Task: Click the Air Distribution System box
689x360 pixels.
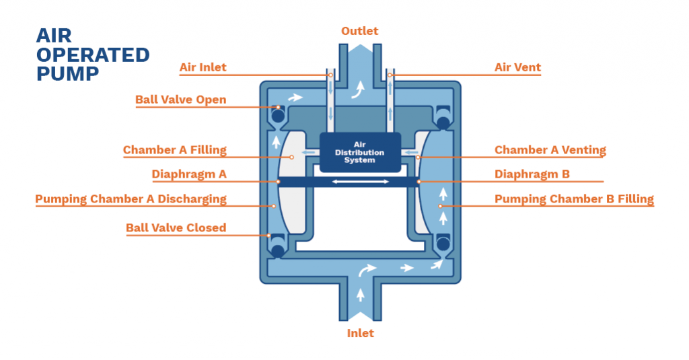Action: pos(359,152)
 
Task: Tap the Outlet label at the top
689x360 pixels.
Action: pos(359,31)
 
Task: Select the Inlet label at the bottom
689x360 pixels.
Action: pos(360,333)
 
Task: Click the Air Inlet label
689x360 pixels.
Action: pos(203,67)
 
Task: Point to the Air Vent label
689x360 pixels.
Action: pos(517,67)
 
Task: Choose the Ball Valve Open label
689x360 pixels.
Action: pos(180,100)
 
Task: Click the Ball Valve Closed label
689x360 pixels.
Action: pos(176,227)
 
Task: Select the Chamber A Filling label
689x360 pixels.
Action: pos(174,149)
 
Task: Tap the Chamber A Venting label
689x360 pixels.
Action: pos(550,149)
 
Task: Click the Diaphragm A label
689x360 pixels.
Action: pos(188,174)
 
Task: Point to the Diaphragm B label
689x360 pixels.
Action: pos(532,174)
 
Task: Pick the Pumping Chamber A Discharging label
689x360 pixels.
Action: pos(131,199)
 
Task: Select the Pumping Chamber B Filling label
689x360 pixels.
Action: pos(574,199)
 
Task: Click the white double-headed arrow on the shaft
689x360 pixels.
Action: pos(359,182)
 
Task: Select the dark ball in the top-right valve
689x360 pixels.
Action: pos(443,122)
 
